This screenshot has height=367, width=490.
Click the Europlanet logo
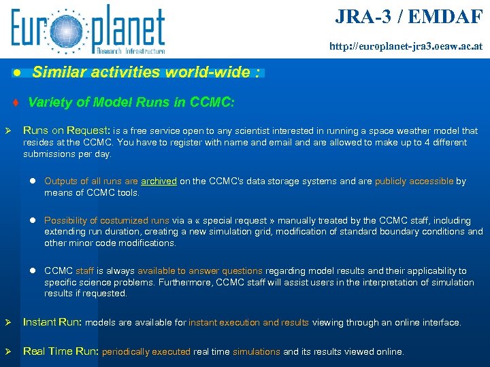coord(88,29)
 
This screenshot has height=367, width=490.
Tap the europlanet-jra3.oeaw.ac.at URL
coord(406,47)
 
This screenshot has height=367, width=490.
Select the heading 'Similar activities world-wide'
coord(145,72)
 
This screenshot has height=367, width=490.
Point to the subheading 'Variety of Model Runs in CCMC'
coord(131,102)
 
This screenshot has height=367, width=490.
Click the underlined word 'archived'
coord(159,181)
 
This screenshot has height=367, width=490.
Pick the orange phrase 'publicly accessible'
coord(414,181)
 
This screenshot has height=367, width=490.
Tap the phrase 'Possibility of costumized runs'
coord(107,221)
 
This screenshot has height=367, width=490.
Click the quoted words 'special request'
coord(230,221)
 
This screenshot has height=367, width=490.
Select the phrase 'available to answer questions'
coord(212,271)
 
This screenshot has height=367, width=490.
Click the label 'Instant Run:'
coord(53,323)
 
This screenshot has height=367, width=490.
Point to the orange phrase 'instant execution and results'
coord(248,323)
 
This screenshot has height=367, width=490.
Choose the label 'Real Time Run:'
coord(61,351)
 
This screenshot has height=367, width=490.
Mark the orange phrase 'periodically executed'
coord(146,352)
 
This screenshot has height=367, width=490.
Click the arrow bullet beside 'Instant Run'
coord(8,323)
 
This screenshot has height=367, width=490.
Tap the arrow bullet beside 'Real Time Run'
coord(8,351)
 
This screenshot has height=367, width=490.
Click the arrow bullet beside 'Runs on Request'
coord(8,130)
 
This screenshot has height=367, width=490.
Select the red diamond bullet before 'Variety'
coord(15,103)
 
